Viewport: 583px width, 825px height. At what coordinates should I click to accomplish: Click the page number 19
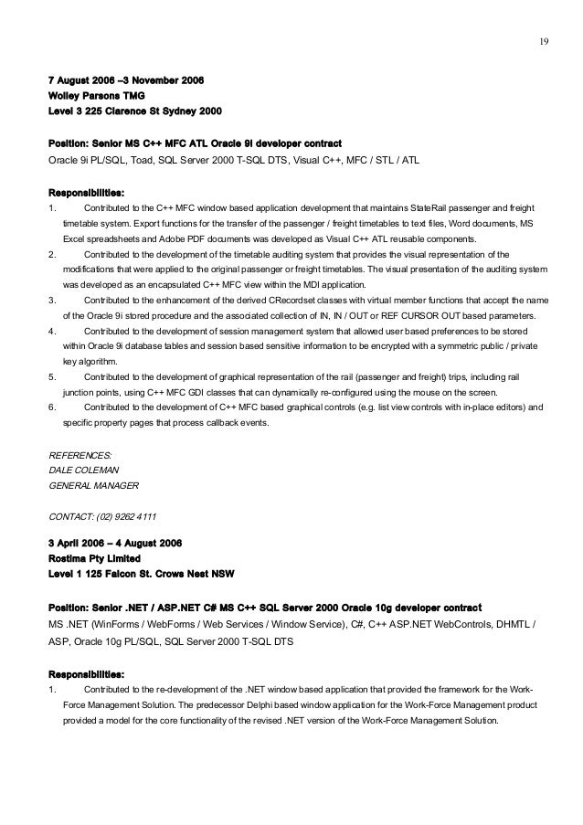tap(543, 40)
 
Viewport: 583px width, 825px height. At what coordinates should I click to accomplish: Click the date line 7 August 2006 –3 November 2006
tap(125, 80)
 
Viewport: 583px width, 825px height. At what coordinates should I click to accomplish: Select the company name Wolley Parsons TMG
tap(97, 95)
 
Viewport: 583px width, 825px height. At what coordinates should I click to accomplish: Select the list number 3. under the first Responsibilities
tap(52, 299)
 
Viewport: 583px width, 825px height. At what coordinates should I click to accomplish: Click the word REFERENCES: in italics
tap(80, 454)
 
